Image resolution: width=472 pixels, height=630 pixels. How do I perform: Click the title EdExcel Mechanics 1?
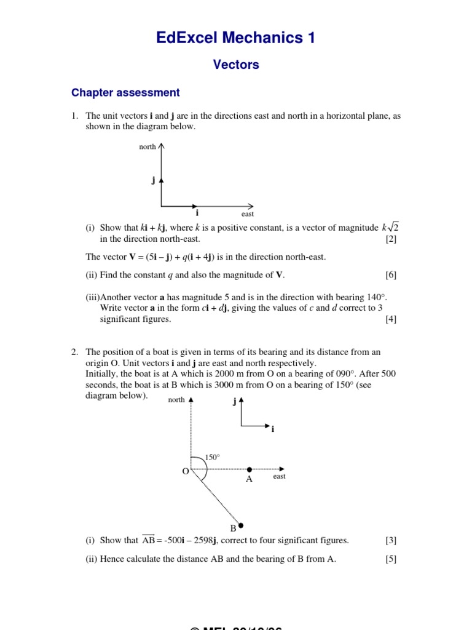coord(236,38)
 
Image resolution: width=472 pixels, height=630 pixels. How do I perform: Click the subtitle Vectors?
coord(236,65)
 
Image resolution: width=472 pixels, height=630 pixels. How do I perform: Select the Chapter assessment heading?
coord(125,93)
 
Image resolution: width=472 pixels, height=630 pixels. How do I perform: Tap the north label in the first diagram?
coord(147,147)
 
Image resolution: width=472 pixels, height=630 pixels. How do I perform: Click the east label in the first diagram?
coord(248,214)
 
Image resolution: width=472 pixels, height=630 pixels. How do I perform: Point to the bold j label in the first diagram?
coord(153,180)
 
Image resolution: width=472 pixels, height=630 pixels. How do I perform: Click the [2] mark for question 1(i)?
coord(391,239)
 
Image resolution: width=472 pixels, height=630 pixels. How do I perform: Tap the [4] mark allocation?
coord(391,319)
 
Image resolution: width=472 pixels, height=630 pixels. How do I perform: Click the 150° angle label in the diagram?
coord(212,457)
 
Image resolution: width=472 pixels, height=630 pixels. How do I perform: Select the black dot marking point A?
coord(249,469)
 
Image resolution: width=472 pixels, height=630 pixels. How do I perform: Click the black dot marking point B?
coord(241,525)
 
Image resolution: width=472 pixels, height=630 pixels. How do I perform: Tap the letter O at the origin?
coord(184,471)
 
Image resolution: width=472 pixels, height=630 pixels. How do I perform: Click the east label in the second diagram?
coord(279,477)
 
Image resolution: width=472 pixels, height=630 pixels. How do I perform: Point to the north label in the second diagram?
coord(176,400)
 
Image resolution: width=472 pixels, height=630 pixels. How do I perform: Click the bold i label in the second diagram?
coord(272,429)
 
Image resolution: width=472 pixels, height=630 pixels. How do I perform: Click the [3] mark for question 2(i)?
coord(391,540)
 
